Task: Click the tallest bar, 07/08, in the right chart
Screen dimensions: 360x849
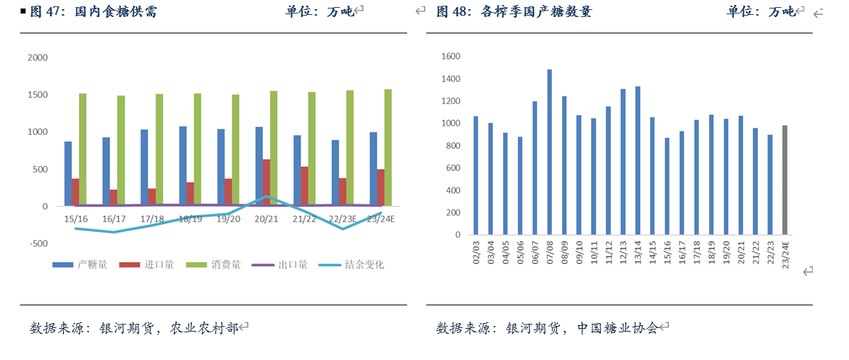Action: (x=550, y=152)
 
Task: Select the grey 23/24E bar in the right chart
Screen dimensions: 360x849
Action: (x=785, y=180)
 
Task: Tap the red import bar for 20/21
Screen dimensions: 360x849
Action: (x=266, y=182)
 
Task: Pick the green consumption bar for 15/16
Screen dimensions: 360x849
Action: (x=82, y=150)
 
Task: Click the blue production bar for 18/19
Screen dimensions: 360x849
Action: (x=183, y=166)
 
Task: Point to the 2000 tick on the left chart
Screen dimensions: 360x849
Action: (x=37, y=58)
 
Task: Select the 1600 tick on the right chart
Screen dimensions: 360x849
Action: (x=450, y=56)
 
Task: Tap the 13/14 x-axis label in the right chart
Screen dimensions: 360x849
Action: (x=638, y=253)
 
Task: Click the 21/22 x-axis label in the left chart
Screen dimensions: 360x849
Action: (x=304, y=219)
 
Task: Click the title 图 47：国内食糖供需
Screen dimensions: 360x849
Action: (x=94, y=11)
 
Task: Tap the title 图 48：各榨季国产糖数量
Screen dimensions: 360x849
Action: (x=513, y=11)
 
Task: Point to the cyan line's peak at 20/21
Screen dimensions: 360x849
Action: (x=265, y=196)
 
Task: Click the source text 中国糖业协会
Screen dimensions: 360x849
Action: (x=617, y=328)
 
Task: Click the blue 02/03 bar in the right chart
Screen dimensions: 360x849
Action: (x=476, y=175)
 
